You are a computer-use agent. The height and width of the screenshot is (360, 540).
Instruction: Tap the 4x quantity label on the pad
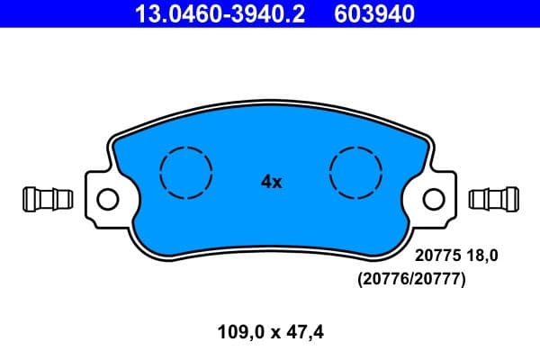271,182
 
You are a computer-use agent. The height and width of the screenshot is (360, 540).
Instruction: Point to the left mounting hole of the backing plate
106,198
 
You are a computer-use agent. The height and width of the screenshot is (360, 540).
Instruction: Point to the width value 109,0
238,332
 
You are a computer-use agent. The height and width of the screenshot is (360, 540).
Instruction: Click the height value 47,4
303,332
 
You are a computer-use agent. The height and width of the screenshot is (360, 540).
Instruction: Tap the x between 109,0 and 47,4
272,333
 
